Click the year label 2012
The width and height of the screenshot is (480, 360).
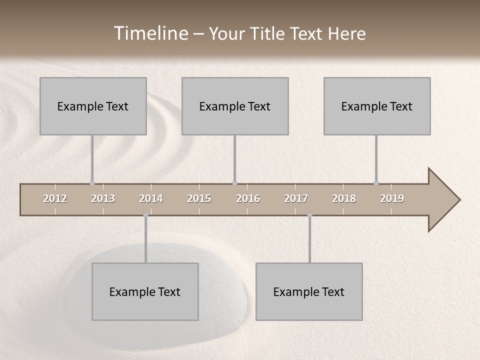coord(55,198)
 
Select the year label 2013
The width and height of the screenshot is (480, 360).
coord(103,198)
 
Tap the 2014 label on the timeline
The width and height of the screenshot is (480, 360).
coord(151,198)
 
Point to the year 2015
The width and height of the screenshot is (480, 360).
coord(199,198)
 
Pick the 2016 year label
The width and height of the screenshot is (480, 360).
coord(248,198)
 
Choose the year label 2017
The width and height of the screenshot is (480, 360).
coord(296,198)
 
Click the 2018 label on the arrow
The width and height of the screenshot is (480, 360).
coord(344,198)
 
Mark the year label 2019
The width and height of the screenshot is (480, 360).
coord(392,198)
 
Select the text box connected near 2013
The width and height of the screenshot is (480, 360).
coord(93,106)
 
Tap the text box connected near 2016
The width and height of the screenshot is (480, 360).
coord(235,106)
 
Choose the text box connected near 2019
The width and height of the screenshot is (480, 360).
coord(377,106)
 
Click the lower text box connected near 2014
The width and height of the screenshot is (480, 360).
coord(145,291)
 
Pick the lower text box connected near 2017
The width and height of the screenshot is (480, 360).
coord(309,291)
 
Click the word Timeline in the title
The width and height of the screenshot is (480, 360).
coord(150,33)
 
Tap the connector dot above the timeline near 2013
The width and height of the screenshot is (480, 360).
coord(92,183)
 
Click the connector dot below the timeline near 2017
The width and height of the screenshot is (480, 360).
coord(309,215)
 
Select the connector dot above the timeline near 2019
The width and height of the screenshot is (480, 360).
coord(376,183)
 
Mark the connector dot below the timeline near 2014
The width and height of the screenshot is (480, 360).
coord(145,215)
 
